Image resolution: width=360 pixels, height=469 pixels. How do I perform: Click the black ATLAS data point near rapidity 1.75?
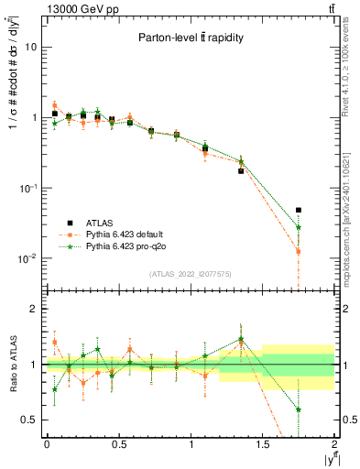point(299,210)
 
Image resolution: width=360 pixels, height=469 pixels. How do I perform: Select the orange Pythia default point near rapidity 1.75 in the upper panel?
point(299,251)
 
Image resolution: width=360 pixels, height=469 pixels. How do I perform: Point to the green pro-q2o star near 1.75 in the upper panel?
point(299,227)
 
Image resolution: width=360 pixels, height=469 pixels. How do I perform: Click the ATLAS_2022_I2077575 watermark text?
point(190,274)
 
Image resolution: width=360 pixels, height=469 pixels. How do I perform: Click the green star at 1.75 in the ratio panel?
point(299,409)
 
